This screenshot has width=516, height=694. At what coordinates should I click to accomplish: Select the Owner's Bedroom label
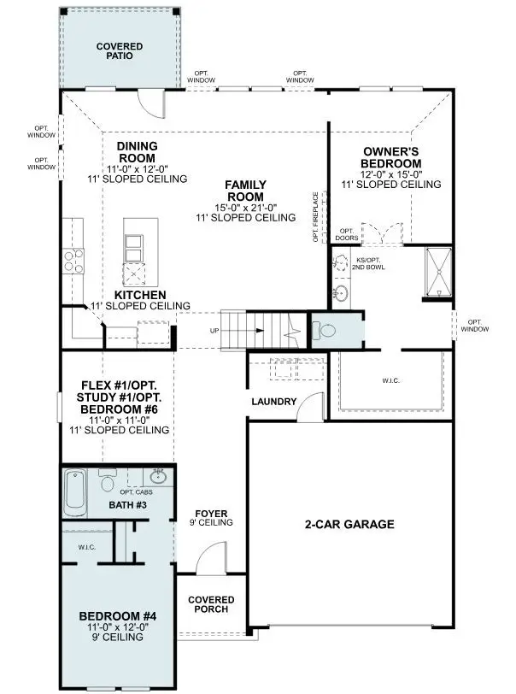coord(390,157)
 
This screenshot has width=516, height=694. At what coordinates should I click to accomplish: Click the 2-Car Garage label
coord(350,524)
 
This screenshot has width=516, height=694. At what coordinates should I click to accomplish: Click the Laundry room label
coord(274,402)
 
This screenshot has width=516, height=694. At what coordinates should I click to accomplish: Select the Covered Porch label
coord(211,606)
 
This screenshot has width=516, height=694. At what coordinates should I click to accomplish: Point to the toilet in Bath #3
coord(108,483)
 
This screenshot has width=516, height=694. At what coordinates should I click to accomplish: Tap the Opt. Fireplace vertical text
coord(315,217)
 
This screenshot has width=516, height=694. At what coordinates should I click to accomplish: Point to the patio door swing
coord(150,104)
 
